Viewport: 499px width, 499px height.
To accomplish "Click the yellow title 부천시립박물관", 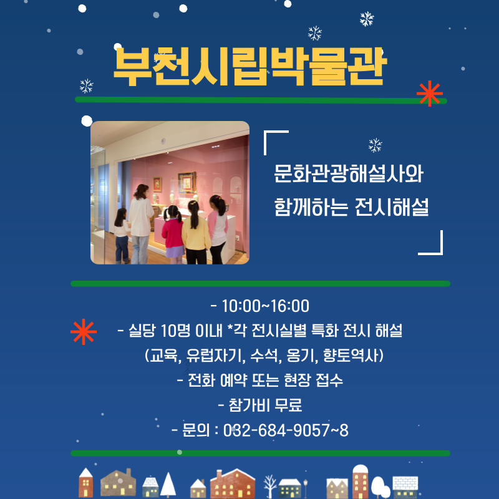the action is (250, 66).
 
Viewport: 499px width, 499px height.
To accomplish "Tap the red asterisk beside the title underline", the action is (430, 94).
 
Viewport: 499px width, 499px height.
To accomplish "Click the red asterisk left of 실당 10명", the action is (84, 332).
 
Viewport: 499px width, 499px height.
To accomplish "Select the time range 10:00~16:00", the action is (265, 306).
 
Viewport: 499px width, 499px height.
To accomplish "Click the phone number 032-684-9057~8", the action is (286, 430).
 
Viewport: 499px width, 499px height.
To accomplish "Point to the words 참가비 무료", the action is (265, 405).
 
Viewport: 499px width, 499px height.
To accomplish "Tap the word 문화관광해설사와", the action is (349, 174).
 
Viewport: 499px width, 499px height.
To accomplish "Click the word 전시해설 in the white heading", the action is (392, 207).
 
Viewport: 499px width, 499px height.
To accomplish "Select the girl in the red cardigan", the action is (173, 235).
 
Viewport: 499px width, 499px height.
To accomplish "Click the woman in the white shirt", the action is (140, 224).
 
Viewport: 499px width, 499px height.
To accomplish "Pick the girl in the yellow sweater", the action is (195, 232).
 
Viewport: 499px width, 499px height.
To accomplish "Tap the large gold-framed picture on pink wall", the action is (187, 182).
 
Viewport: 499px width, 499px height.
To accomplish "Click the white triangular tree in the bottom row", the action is (168, 485).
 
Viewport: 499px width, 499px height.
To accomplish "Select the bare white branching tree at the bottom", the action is (270, 487).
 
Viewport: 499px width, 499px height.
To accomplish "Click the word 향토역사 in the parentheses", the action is (351, 356).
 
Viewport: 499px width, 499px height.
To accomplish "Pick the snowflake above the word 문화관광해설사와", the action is (375, 145).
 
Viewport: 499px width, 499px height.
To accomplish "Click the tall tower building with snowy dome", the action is (361, 482).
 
